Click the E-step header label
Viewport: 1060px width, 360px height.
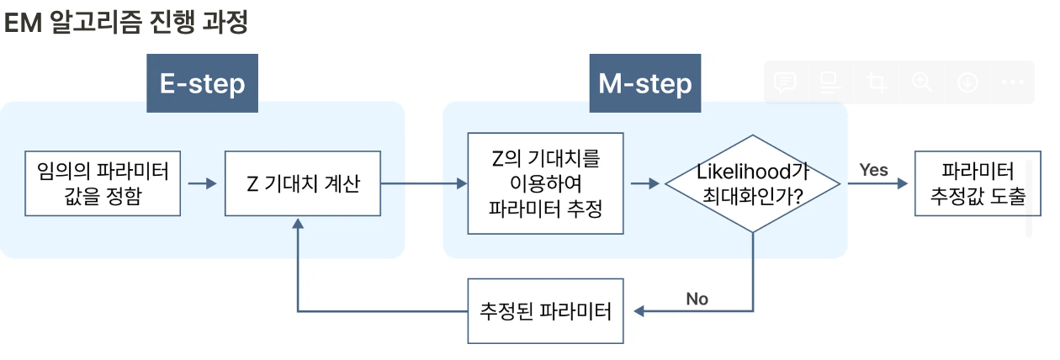coord(202,83)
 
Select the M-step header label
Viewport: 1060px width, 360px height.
coord(644,83)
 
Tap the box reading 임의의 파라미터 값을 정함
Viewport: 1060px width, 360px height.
coord(103,183)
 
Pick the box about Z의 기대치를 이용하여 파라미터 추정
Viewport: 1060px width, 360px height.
coord(545,183)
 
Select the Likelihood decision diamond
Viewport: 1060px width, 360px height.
coord(753,183)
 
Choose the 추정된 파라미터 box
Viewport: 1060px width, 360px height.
coord(545,310)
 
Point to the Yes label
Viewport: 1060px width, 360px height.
coord(873,170)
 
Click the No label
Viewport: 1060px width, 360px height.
coord(697,299)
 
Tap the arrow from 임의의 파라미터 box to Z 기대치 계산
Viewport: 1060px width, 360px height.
coord(202,183)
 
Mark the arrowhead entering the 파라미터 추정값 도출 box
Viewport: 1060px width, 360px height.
coord(905,183)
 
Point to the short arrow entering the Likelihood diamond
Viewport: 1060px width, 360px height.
coord(645,183)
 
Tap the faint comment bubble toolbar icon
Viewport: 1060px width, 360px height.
coord(785,82)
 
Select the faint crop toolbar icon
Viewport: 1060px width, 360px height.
coord(877,82)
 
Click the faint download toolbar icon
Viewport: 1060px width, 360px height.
coord(967,82)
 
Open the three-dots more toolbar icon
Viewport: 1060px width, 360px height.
coord(1013,82)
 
